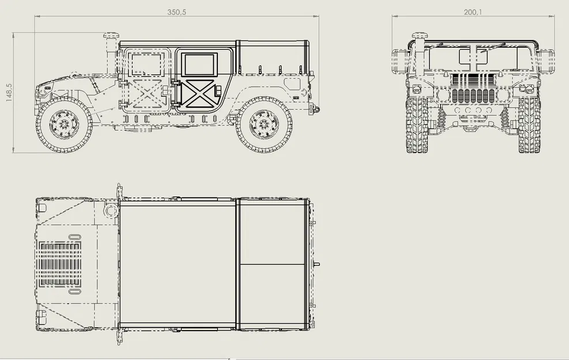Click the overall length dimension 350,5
pos(177,12)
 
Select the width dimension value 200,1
pos(473,12)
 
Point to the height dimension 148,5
pos(9,93)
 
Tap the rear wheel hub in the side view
pos(264,124)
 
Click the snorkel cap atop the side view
pos(110,37)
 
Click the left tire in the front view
pos(417,125)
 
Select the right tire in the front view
pos(529,125)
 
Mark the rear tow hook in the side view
pos(315,108)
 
